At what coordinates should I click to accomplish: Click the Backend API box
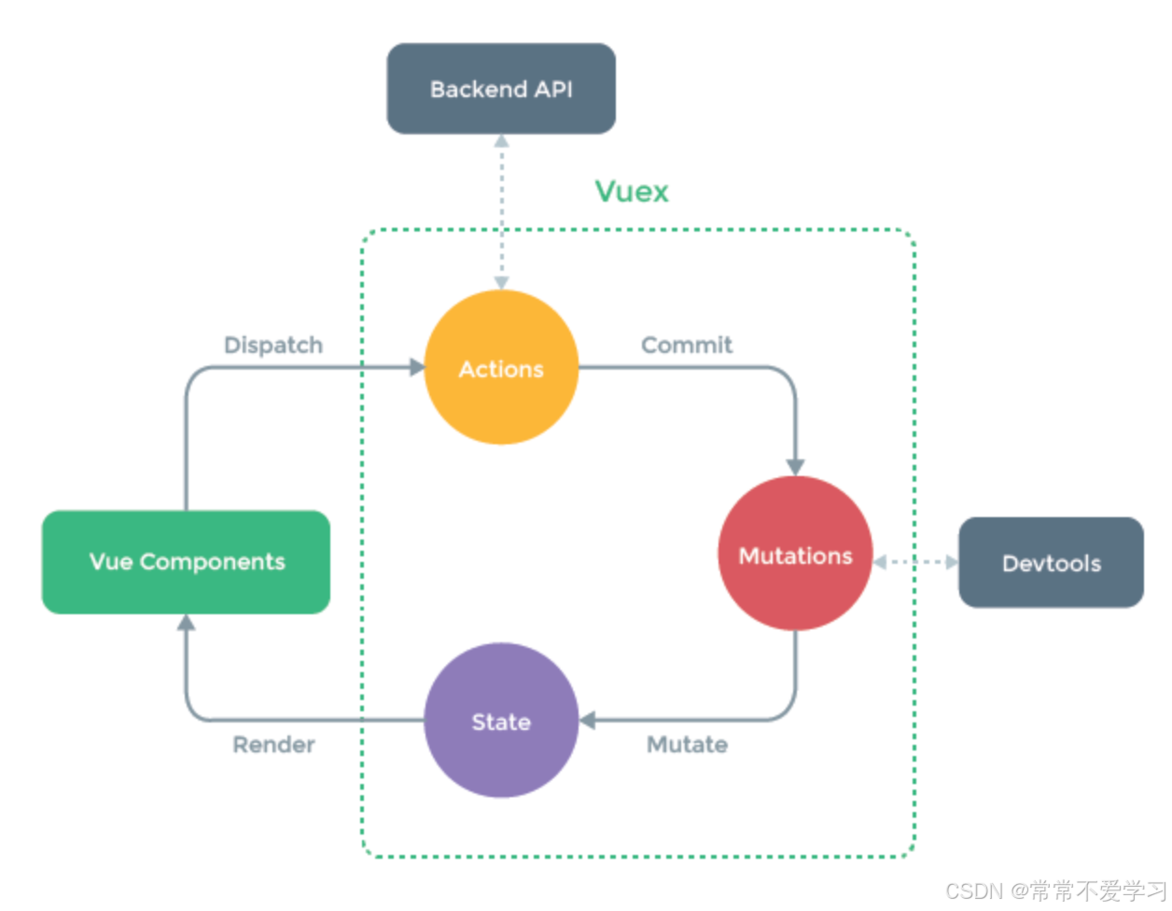(501, 89)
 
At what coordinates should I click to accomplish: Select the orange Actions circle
(501, 368)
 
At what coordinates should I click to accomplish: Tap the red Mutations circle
(795, 554)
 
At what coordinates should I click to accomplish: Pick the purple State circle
(501, 721)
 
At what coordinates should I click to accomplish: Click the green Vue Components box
(187, 562)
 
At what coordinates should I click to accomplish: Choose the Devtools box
(1051, 563)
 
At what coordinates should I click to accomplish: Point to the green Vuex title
(632, 191)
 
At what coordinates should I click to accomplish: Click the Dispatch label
(273, 345)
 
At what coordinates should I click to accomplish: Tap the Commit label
(687, 345)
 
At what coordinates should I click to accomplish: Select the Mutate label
(687, 745)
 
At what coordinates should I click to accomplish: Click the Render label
(273, 745)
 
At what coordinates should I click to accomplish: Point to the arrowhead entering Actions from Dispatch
(417, 367)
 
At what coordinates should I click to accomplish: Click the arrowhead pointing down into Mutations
(795, 467)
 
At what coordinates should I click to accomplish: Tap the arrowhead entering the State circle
(588, 721)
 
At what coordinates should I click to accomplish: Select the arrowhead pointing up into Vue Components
(187, 623)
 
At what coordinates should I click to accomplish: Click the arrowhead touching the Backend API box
(501, 141)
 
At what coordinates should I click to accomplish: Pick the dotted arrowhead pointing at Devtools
(952, 562)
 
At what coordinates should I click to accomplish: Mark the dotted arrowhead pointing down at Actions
(501, 282)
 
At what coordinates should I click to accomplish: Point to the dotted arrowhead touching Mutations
(880, 562)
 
